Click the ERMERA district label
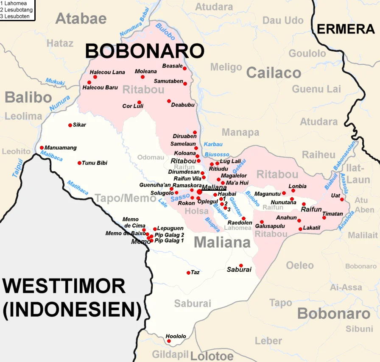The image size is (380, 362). pos(346,29)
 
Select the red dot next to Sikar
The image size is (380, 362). pos(70,125)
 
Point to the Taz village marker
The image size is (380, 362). pos(188,273)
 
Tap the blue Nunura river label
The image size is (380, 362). pos(59,104)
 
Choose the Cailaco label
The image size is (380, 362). pos(274,73)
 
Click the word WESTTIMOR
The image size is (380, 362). pos(64,287)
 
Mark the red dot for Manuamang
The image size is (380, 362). pos(42,148)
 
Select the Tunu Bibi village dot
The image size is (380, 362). pos(79,163)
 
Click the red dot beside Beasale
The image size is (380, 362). pos(185,67)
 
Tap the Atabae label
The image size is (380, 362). pos(81,18)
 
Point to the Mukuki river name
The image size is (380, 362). pos(55,81)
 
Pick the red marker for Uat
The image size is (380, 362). pos(342,199)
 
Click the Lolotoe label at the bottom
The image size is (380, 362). pos(212,356)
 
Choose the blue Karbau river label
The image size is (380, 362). pos(213,144)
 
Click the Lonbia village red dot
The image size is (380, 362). pos(293,191)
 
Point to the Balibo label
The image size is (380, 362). pos(28,97)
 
